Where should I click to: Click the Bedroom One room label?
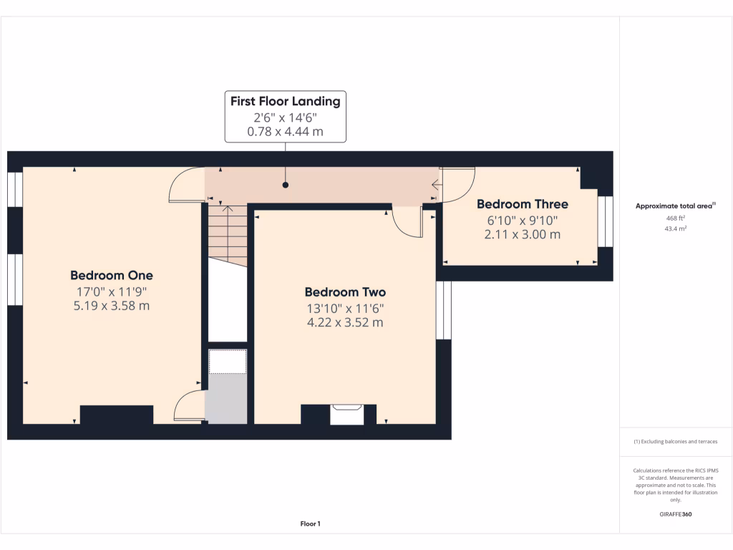(x=112, y=276)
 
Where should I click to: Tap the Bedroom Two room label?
(x=345, y=292)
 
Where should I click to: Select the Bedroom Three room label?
(x=523, y=204)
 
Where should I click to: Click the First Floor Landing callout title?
(x=285, y=102)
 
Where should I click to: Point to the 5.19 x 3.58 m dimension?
(x=112, y=307)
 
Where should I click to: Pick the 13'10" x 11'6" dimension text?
(x=345, y=308)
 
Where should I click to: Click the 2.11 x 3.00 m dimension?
(x=523, y=234)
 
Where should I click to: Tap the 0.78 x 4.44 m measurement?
(x=285, y=132)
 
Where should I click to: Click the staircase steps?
(x=228, y=235)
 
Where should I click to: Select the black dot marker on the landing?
(x=286, y=185)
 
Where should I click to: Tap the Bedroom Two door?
(x=408, y=224)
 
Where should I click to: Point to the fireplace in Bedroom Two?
(x=347, y=414)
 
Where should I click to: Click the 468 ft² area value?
(x=676, y=218)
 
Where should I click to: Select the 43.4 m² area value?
(x=676, y=228)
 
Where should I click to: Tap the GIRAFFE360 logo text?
(x=676, y=514)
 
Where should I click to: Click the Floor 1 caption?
(x=310, y=524)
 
